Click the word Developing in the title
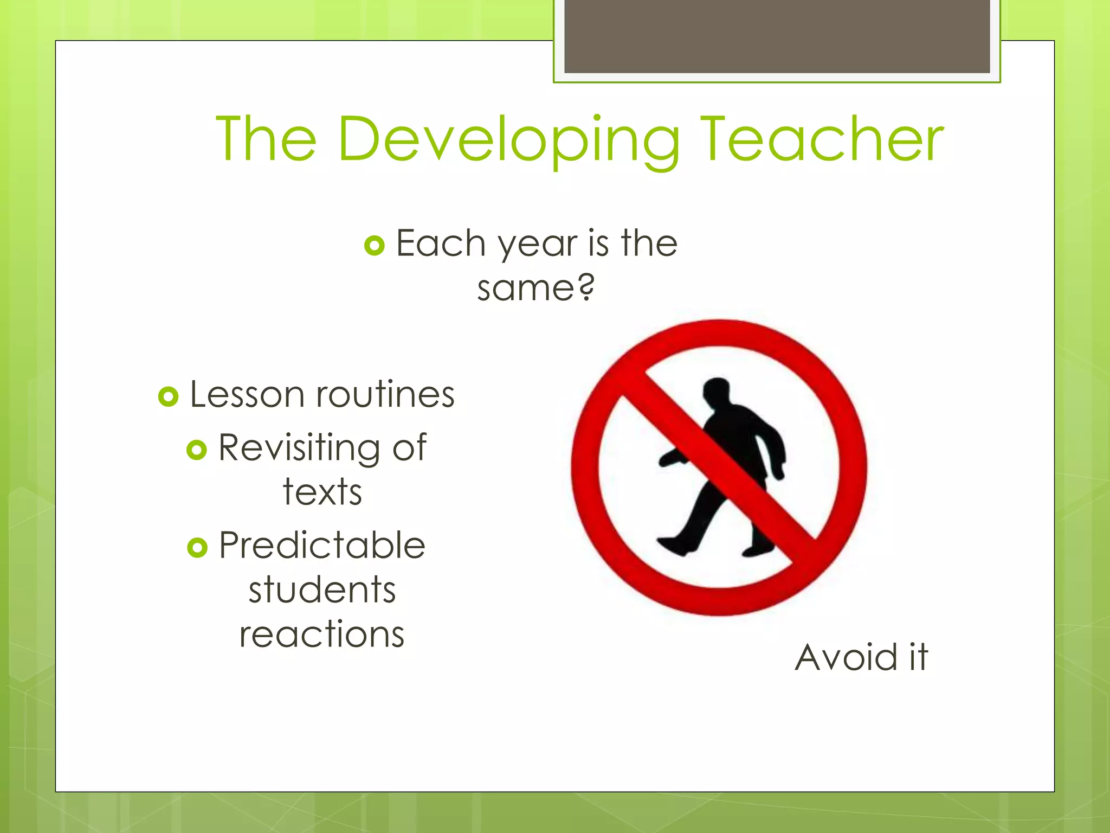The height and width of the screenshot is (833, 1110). [x=507, y=140]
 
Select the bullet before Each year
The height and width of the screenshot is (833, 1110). [x=374, y=245]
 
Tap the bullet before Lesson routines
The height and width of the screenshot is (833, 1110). [x=168, y=396]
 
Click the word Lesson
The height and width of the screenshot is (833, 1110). [x=247, y=394]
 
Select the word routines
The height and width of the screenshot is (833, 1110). [x=385, y=394]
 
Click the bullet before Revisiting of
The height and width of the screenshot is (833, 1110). [x=196, y=450]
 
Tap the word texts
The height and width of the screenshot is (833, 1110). [x=322, y=492]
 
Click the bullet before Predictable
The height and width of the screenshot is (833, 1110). [x=197, y=547]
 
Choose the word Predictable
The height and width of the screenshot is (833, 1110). [x=322, y=546]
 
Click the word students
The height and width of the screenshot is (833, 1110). [x=322, y=590]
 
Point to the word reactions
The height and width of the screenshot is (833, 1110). [x=322, y=635]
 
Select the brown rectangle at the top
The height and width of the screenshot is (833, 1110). [x=777, y=36]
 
